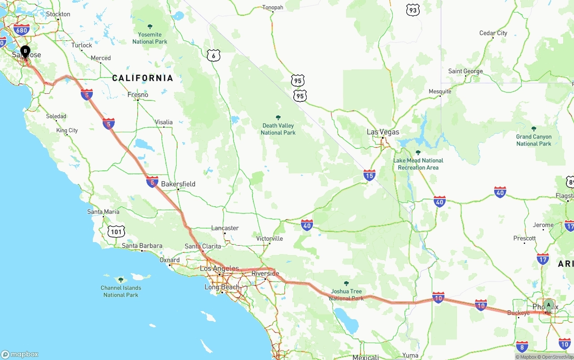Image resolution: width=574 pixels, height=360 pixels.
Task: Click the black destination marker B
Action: point(26,51)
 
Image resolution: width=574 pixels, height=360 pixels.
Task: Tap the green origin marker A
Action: point(548,305)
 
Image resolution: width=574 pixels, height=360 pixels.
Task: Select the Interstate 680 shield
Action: point(22,30)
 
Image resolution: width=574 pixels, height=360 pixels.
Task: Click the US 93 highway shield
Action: point(413,10)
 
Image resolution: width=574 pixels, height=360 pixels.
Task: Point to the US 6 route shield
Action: point(214,56)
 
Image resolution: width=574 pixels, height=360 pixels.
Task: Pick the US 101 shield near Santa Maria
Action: point(116,231)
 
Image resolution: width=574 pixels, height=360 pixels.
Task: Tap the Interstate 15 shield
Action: point(369,175)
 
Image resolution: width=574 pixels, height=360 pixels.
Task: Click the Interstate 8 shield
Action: point(522,346)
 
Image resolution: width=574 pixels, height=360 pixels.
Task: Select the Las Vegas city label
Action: point(383,132)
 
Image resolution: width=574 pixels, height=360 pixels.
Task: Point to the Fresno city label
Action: point(138,95)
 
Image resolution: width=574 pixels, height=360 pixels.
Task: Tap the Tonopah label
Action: point(273,8)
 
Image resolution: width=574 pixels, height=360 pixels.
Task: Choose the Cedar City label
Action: point(493,33)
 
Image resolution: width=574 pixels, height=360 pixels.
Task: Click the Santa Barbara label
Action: point(142,246)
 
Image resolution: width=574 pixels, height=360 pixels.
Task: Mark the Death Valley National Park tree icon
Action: point(278,117)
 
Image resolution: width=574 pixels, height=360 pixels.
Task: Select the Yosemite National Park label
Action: point(150,38)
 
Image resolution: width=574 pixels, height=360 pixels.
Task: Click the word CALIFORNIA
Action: point(143,78)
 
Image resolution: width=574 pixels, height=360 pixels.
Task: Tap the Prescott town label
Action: point(525,238)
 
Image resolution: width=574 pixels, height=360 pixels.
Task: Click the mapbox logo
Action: point(20,354)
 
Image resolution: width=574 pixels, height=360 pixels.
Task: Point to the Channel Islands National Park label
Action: point(121,291)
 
